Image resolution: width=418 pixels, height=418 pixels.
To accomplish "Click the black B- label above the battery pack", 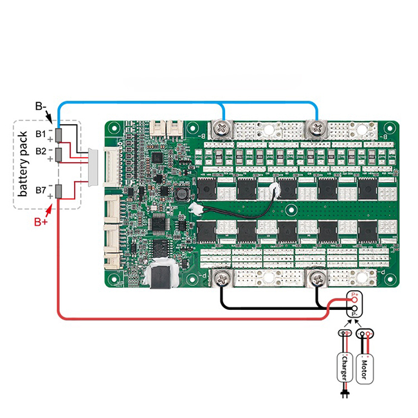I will (x=41, y=107).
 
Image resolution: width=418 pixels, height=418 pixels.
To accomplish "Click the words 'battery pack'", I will (x=24, y=164).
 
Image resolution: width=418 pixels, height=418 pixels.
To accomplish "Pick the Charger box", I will (x=347, y=367).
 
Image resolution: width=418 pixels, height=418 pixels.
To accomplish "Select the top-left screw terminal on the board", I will (x=222, y=129).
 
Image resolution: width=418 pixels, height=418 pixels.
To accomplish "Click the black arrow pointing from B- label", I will (x=51, y=114).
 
